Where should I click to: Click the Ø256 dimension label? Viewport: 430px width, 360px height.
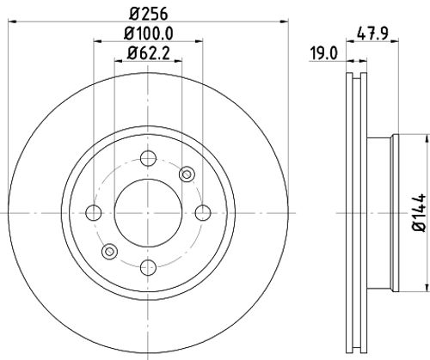[x=146, y=12]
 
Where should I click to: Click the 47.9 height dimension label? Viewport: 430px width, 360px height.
[x=370, y=34]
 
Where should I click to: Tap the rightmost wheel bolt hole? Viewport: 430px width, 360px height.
[x=201, y=212]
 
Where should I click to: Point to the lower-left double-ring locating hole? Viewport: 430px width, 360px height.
[x=109, y=251]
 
